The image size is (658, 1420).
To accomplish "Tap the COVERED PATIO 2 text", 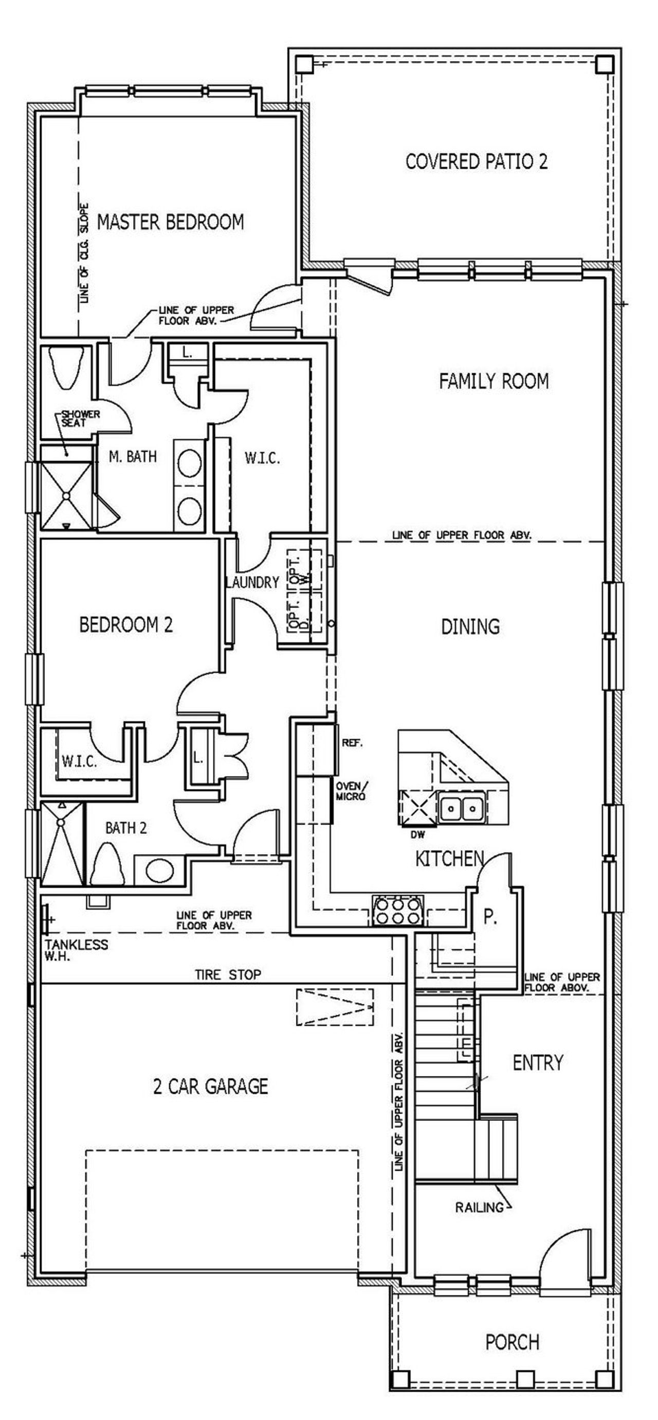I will click(476, 161).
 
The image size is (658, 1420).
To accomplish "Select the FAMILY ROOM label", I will click(493, 381).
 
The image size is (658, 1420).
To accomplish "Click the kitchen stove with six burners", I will click(398, 910).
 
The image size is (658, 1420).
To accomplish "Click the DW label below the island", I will click(417, 835).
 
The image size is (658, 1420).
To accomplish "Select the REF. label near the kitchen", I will click(352, 743).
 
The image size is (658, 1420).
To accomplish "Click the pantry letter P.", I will click(490, 917).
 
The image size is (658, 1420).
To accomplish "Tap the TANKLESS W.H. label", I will click(76, 950).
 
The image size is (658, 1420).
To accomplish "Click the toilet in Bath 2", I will click(108, 865).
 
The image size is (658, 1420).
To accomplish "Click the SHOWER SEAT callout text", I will click(80, 418).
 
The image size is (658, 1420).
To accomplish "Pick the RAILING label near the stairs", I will click(479, 1207).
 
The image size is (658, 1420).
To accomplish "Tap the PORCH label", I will click(512, 1342).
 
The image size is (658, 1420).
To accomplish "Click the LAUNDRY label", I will click(252, 583).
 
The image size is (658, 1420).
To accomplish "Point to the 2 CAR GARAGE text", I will click(211, 1086).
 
